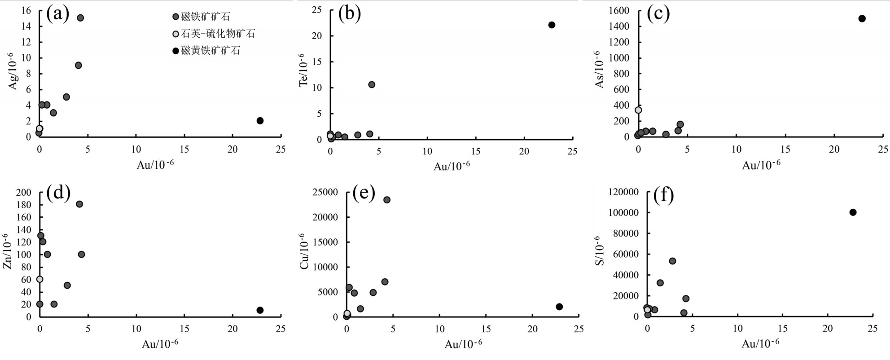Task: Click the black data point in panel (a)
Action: click(260, 121)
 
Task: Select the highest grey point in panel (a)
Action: click(80, 18)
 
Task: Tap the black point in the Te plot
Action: click(552, 25)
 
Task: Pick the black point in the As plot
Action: click(862, 19)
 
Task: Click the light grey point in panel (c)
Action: click(638, 110)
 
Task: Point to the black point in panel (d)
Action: click(260, 310)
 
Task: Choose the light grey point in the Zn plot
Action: click(39, 279)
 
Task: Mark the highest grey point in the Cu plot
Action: click(386, 200)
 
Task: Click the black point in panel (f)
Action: click(853, 212)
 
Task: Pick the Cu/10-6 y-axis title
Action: click(305, 251)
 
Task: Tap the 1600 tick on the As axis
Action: click(619, 10)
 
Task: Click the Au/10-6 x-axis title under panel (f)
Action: click(760, 344)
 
